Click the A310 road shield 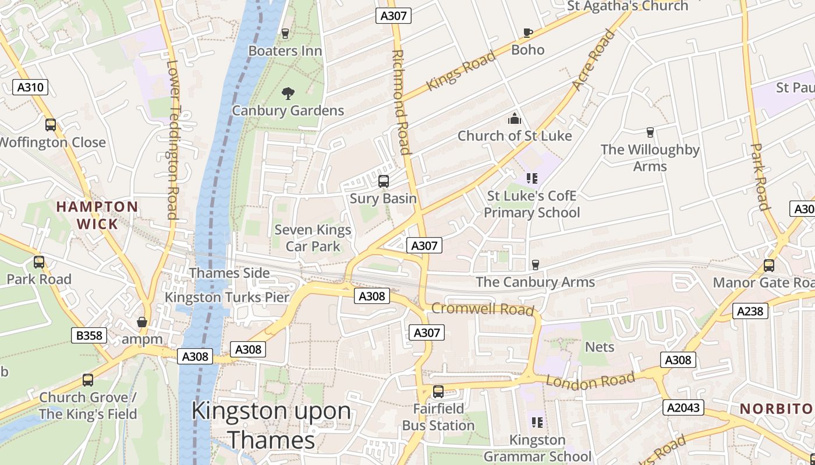[x=30, y=88]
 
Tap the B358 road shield [x=89, y=335]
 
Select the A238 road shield [x=750, y=312]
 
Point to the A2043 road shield [x=683, y=407]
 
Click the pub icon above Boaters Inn [x=285, y=33]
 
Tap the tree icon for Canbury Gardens [x=288, y=93]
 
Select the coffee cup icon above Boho [x=528, y=33]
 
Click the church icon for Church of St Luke [x=515, y=119]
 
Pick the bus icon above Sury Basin [x=384, y=181]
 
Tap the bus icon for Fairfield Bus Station [x=438, y=392]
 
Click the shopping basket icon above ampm [x=141, y=322]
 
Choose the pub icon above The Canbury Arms [x=536, y=265]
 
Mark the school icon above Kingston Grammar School [x=537, y=422]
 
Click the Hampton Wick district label [x=97, y=215]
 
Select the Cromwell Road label [x=483, y=309]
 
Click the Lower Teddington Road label [x=172, y=139]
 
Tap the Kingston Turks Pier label [x=227, y=298]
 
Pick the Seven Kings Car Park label [x=313, y=238]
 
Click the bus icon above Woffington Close [x=51, y=124]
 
